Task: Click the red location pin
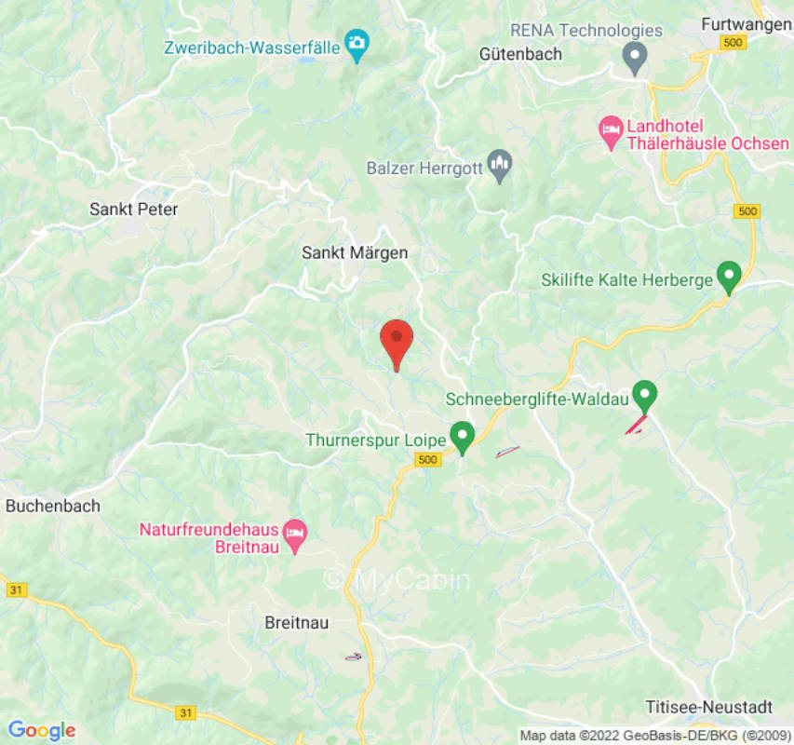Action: tap(397, 341)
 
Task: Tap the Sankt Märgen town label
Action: tap(355, 252)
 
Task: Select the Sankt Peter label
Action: tap(133, 209)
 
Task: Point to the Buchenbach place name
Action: tap(52, 506)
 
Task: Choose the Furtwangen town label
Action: tap(746, 24)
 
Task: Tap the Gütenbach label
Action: tap(520, 54)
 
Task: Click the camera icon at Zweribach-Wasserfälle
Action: tap(357, 43)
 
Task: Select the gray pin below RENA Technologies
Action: tap(635, 58)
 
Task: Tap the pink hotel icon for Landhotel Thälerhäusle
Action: tap(611, 133)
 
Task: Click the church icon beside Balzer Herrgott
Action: tap(501, 166)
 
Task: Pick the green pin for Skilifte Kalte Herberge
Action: tap(728, 277)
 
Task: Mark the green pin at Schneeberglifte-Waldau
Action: tap(644, 395)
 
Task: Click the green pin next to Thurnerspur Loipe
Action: tap(462, 435)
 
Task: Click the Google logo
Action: tap(41, 731)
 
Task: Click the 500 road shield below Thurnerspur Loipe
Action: tap(428, 460)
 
